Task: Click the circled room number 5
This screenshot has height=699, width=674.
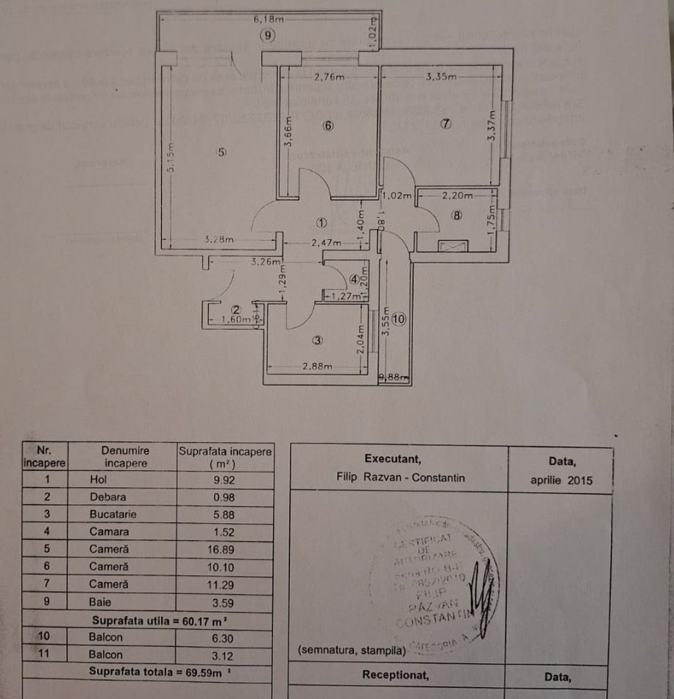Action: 221,152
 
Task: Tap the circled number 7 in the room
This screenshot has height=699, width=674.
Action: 445,124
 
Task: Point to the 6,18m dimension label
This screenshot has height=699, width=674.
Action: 268,19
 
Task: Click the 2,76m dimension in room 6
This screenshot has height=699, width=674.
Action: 329,76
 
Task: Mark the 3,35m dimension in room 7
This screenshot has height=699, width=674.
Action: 441,76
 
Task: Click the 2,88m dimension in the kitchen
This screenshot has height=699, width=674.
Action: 317,366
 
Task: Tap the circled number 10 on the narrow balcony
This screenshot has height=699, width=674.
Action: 399,319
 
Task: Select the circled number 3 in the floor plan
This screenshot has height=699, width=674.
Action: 318,341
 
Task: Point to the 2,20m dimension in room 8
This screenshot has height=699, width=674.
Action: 457,196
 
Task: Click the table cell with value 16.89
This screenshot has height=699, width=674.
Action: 224,549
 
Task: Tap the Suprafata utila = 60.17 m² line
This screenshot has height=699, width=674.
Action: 147,620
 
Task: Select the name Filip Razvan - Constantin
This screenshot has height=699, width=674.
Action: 400,478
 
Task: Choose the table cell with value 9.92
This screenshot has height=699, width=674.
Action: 224,480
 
